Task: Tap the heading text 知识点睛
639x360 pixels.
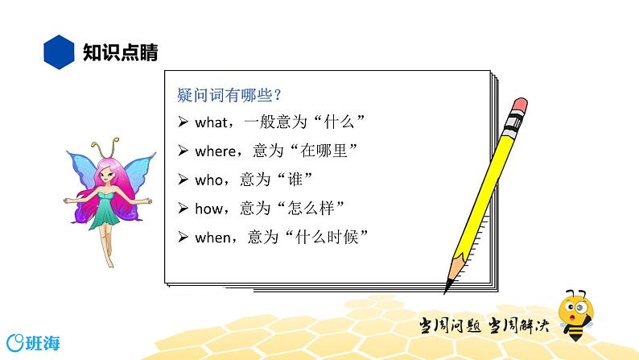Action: pyautogui.click(x=120, y=53)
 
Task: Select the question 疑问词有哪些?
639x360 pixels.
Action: pyautogui.click(x=229, y=94)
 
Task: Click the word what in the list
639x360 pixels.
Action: pyautogui.click(x=211, y=122)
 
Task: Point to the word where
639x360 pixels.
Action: pyautogui.click(x=214, y=151)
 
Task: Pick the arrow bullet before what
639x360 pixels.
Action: pyautogui.click(x=183, y=122)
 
